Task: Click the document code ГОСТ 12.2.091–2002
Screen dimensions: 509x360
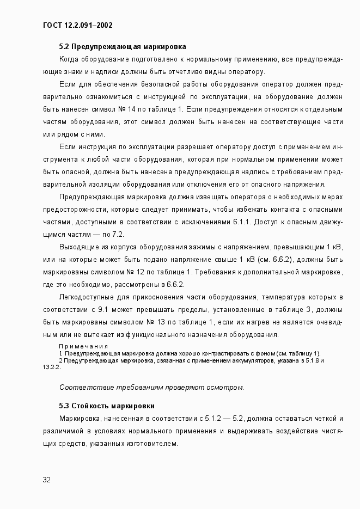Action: click(x=77, y=25)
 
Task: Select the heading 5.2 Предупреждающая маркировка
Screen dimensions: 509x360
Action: click(x=123, y=47)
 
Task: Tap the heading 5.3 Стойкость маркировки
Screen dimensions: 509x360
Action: click(x=107, y=406)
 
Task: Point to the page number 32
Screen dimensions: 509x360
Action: click(x=47, y=480)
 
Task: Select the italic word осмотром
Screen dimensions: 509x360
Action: click(x=227, y=388)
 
